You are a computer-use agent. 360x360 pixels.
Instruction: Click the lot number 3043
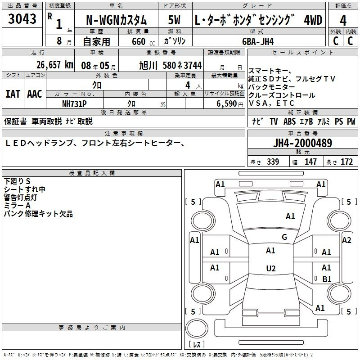(x=22, y=19)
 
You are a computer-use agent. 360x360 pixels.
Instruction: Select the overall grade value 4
(x=343, y=21)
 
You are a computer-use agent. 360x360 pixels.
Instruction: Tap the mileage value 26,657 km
(x=55, y=65)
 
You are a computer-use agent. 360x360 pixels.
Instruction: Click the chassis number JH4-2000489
(x=302, y=143)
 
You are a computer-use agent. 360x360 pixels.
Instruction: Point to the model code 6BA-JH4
(x=258, y=41)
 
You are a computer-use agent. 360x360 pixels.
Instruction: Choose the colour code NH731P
(x=74, y=104)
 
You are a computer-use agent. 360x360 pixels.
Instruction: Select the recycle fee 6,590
(x=226, y=104)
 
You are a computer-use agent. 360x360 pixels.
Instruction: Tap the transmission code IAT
(x=13, y=94)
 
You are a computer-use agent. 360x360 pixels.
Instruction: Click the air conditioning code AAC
(x=35, y=94)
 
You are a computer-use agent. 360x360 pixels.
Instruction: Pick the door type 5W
(x=174, y=20)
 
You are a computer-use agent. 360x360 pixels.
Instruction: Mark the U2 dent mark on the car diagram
(x=271, y=268)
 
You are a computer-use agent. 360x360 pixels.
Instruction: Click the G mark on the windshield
(x=284, y=237)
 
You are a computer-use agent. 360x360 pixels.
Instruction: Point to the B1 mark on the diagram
(x=327, y=279)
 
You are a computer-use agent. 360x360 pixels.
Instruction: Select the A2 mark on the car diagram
(x=346, y=240)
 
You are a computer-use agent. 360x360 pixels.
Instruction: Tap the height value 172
(x=346, y=162)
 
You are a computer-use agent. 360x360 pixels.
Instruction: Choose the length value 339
(x=273, y=162)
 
